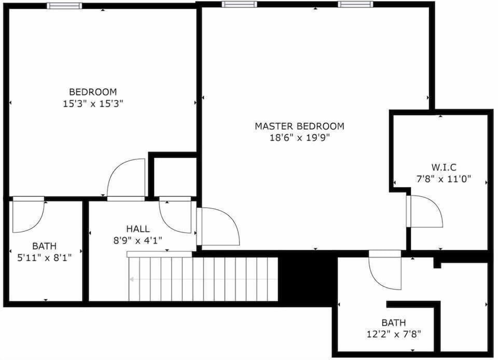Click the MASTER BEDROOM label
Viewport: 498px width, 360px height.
pyautogui.click(x=299, y=126)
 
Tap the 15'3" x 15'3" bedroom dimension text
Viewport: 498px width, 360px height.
pyautogui.click(x=93, y=104)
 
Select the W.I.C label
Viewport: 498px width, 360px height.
pyautogui.click(x=444, y=167)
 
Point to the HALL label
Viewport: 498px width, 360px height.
pyautogui.click(x=138, y=229)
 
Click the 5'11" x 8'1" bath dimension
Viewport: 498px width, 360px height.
pyautogui.click(x=44, y=257)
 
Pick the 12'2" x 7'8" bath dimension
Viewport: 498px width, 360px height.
pyautogui.click(x=394, y=334)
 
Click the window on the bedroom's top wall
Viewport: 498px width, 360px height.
pyautogui.click(x=64, y=6)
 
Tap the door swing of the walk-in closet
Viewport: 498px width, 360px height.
pyautogui.click(x=425, y=211)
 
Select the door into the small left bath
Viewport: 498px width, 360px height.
pyautogui.click(x=28, y=215)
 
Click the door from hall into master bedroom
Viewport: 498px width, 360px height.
pyautogui.click(x=218, y=226)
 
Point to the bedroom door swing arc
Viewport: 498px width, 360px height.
pyautogui.click(x=126, y=178)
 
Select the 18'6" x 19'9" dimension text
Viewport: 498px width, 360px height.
pyautogui.click(x=299, y=138)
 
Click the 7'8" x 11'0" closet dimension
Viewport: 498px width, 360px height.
pyautogui.click(x=444, y=179)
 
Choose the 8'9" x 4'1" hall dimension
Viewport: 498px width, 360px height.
pyautogui.click(x=138, y=240)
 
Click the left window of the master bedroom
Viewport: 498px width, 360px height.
pyautogui.click(x=239, y=4)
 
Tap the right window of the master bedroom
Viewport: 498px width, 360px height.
pyautogui.click(x=355, y=4)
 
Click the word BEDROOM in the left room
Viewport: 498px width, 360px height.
pyautogui.click(x=93, y=92)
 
